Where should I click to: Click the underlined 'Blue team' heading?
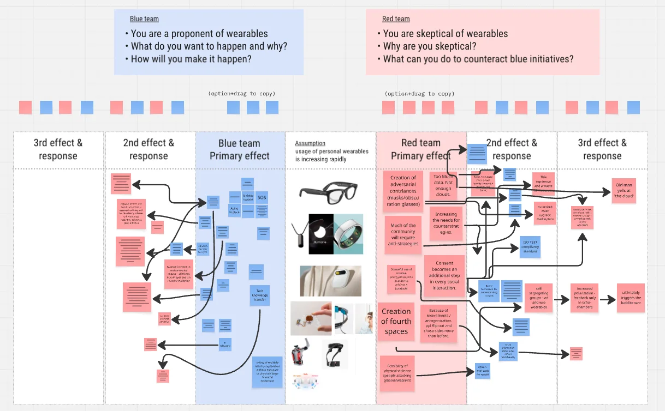144,19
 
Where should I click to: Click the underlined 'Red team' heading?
396,19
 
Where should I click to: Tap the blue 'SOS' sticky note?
262,197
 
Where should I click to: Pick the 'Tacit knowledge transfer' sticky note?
260,295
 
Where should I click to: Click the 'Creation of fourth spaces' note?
396,322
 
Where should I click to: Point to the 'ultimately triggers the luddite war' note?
631,298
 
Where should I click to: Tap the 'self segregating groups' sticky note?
538,298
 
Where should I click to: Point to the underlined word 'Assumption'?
310,143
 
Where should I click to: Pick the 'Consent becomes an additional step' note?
444,276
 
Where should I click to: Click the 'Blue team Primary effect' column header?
240,149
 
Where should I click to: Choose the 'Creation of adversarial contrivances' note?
403,191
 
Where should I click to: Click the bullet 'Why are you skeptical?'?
429,46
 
